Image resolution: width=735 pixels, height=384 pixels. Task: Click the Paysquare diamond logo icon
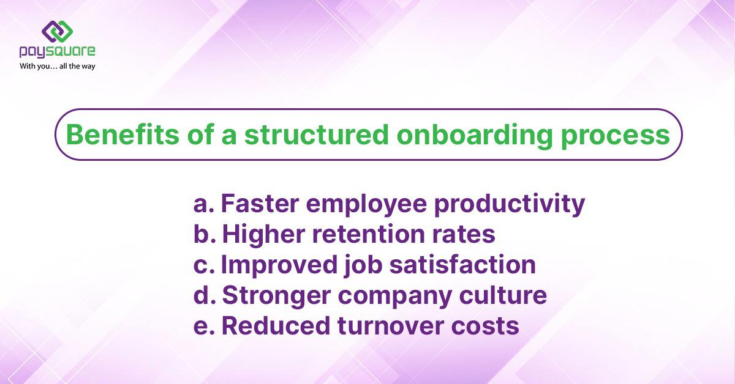tap(57, 31)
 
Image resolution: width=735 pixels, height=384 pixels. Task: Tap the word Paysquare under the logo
tap(57, 53)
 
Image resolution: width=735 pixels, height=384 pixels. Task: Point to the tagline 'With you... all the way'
tap(58, 66)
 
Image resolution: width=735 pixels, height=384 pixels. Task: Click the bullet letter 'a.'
tap(203, 204)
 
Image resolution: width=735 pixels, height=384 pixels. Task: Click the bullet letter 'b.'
tap(204, 234)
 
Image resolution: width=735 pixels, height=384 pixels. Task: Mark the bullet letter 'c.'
tap(203, 265)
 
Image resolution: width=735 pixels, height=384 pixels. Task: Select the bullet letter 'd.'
tap(204, 295)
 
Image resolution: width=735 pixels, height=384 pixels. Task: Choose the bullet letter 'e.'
tap(203, 326)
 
